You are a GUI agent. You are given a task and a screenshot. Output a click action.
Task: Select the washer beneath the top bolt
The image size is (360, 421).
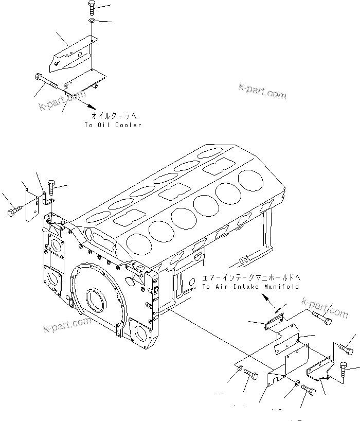(x=92, y=21)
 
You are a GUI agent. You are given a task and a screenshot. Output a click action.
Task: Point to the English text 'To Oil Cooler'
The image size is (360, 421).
(x=113, y=125)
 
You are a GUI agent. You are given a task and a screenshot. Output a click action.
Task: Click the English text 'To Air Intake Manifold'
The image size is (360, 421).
(x=250, y=286)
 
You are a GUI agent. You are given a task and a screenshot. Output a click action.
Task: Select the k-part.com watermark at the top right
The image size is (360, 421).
(x=262, y=91)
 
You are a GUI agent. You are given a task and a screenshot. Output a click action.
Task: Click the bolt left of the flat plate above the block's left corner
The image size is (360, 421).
(x=14, y=212)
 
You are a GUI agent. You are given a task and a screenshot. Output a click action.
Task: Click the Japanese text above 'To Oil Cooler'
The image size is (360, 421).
(x=113, y=116)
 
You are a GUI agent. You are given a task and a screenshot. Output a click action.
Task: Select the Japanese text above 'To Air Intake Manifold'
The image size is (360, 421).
(x=250, y=277)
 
